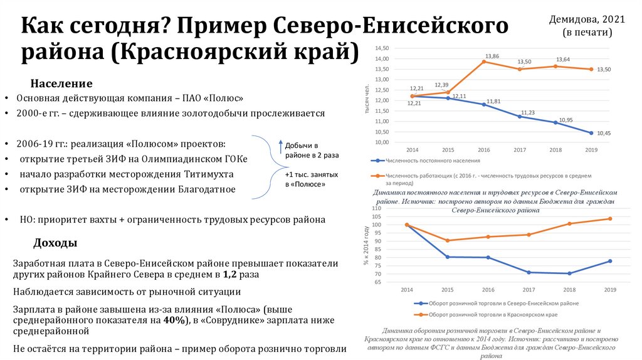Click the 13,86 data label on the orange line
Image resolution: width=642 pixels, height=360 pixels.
(492, 56)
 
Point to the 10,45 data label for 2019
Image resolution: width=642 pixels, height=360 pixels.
(604, 133)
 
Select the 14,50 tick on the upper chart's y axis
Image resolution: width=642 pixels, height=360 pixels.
(381, 48)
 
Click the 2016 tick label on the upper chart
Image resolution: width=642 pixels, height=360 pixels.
(484, 151)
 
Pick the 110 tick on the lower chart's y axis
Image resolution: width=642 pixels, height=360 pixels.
(376, 208)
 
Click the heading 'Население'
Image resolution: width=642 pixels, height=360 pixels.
(61, 84)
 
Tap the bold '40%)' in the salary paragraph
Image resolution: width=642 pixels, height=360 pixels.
(176, 320)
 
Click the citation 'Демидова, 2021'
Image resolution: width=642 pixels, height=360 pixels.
(587, 20)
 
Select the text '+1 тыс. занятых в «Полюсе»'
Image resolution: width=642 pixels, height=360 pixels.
(311, 179)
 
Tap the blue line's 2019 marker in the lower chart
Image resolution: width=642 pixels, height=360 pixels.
(609, 261)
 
